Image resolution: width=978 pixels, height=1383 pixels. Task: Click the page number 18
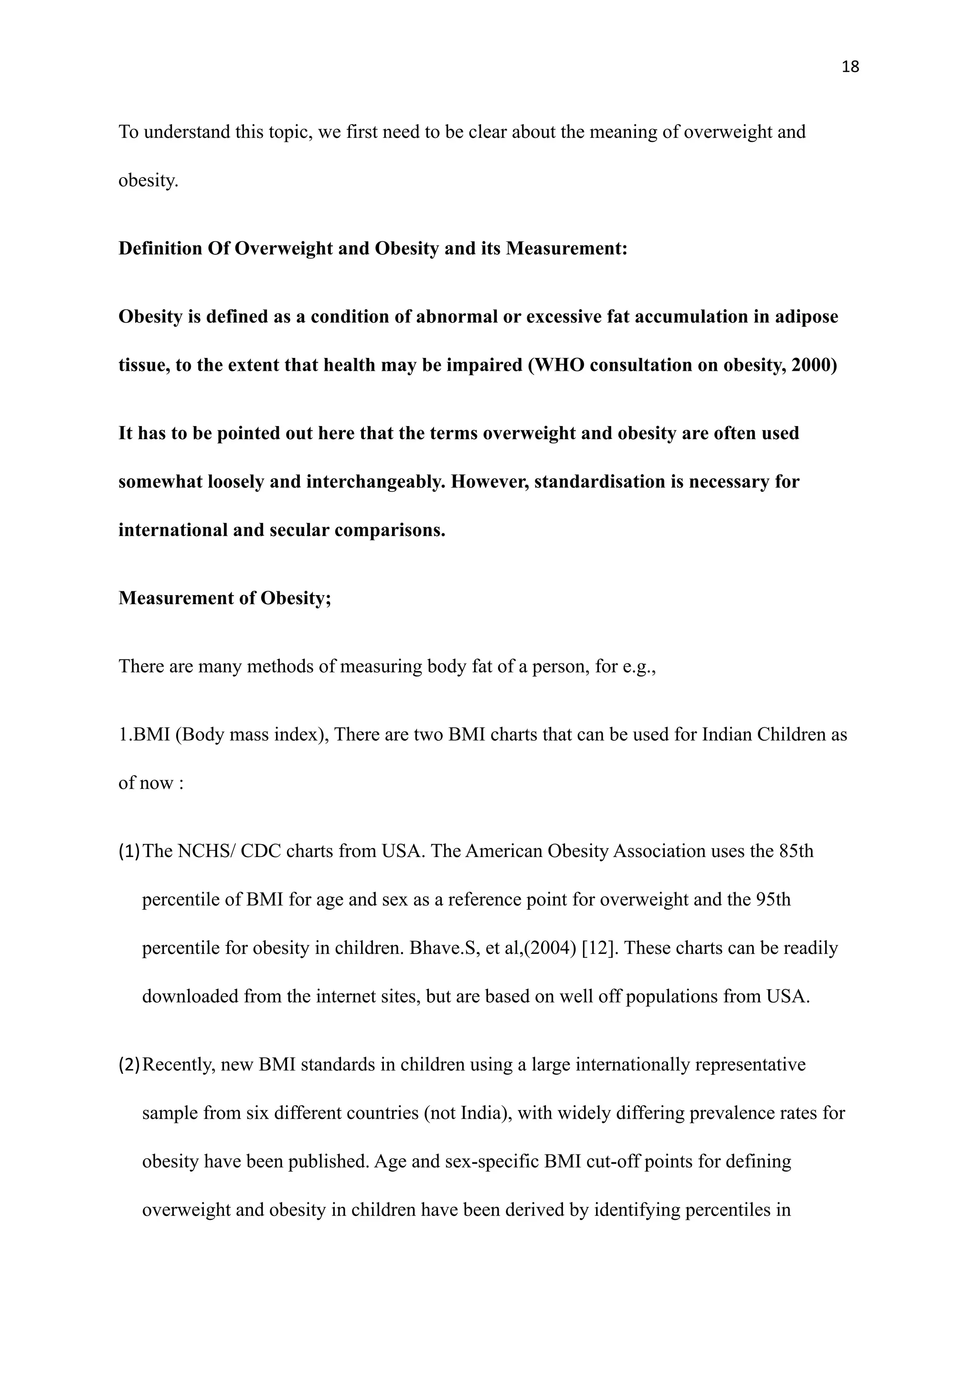850,67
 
